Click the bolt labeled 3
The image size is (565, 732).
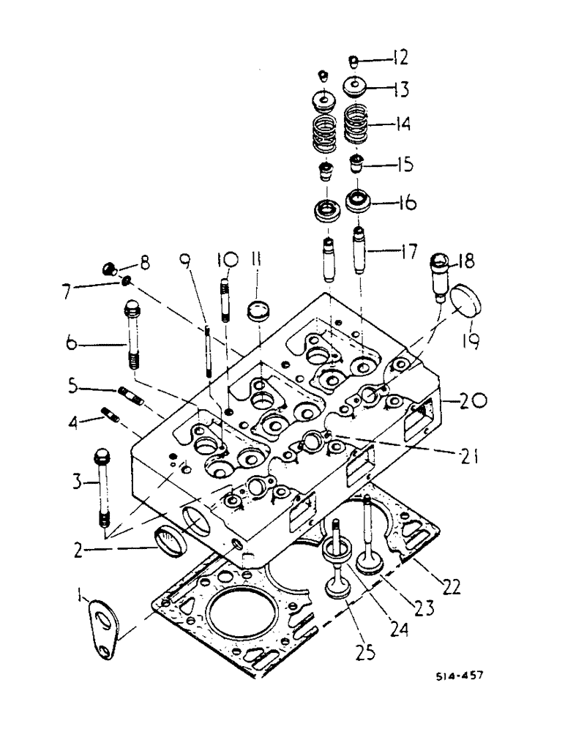102,488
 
